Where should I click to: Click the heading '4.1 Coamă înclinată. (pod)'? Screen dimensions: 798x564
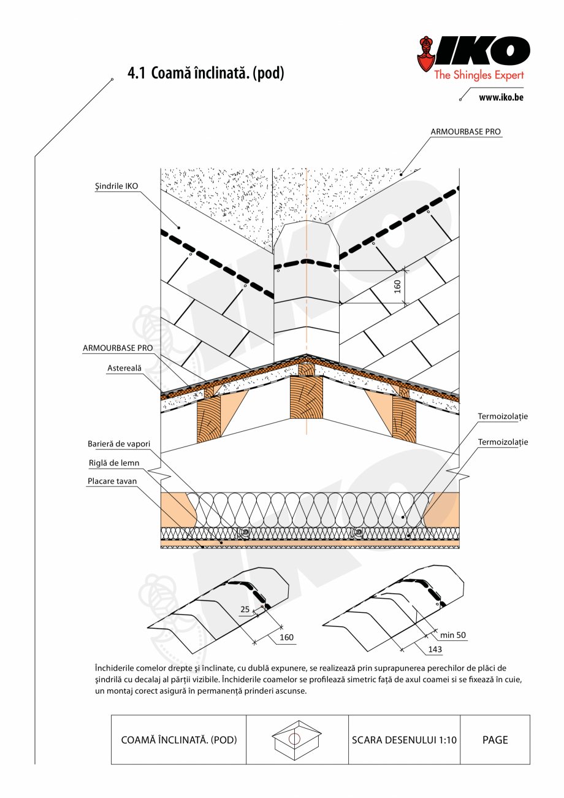(205, 74)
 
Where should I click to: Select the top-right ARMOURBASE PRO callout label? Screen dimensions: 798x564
(465, 132)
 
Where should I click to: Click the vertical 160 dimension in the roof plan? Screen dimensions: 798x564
(397, 286)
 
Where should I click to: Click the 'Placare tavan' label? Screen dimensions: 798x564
(112, 481)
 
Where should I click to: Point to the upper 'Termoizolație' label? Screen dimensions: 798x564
(503, 416)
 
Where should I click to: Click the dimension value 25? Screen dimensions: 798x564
(245, 609)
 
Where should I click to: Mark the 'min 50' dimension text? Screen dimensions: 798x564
(453, 635)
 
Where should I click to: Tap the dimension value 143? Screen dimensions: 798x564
(435, 648)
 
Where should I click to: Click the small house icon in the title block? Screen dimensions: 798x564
(297, 739)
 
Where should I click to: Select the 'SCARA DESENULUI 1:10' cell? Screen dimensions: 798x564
(404, 740)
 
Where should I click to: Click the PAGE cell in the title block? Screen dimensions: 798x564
(495, 740)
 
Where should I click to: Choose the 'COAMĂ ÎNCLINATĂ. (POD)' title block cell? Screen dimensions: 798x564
(178, 740)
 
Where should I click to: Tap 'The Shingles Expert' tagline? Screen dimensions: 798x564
(479, 75)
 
